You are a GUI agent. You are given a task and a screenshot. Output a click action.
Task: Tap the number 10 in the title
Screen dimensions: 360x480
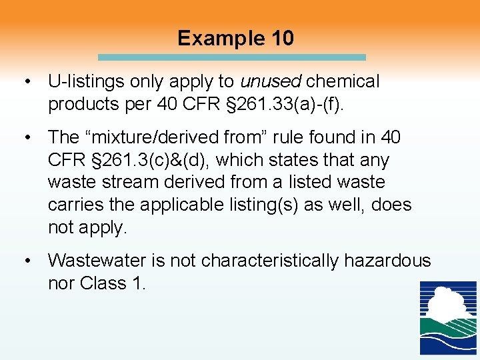pyautogui.click(x=281, y=38)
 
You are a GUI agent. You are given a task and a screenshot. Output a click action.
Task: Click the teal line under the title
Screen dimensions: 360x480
pyautogui.click(x=231, y=57)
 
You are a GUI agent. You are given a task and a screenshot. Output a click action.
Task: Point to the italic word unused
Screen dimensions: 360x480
pyautogui.click(x=271, y=82)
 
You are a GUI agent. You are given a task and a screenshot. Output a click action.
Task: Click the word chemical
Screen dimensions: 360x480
pyautogui.click(x=343, y=82)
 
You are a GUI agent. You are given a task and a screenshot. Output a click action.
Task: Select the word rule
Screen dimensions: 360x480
pyautogui.click(x=281, y=137)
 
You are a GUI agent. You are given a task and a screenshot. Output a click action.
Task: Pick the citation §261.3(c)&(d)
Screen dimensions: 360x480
pyautogui.click(x=143, y=160)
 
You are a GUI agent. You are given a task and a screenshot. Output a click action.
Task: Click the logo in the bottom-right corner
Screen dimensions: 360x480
pyautogui.click(x=447, y=317)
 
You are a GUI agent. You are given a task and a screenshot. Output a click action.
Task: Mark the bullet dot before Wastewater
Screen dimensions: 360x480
pyautogui.click(x=27, y=261)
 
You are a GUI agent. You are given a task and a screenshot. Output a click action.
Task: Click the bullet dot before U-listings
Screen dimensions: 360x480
pyautogui.click(x=27, y=82)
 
